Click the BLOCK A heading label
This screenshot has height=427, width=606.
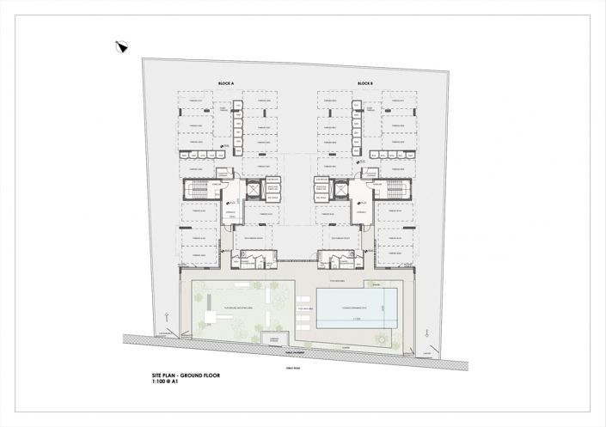click(227, 82)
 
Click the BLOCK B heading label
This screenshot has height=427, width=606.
click(364, 82)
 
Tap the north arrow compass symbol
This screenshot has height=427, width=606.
click(121, 47)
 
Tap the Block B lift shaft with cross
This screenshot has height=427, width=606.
click(321, 190)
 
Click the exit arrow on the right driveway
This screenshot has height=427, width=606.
click(422, 330)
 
